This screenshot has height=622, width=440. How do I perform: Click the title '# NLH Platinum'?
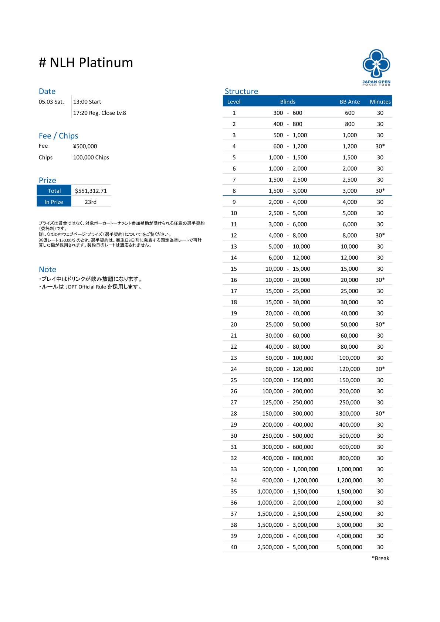pos(86,63)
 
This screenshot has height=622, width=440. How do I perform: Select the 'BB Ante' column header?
pos(349,102)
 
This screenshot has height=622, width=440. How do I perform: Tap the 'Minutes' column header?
pos(380,102)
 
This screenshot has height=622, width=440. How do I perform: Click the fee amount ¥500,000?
pos(85,146)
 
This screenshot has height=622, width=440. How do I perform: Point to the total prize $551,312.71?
pos(91,191)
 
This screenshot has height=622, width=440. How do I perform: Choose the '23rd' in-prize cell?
pos(91,202)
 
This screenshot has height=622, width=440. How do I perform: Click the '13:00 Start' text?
pos(87,102)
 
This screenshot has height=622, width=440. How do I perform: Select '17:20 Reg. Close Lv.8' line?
pos(99,113)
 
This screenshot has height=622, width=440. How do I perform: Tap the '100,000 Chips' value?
pos(91,157)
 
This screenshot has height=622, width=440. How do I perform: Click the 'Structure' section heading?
pos(241,91)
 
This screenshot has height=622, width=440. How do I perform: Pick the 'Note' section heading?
pos(47,269)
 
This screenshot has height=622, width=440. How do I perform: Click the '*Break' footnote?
pos(380,558)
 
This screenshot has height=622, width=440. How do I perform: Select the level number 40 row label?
pos(234,547)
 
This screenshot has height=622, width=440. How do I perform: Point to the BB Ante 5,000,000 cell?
pos(349,547)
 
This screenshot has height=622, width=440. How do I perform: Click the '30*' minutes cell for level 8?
pos(380,191)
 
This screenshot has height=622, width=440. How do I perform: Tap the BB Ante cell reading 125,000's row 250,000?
pos(349,402)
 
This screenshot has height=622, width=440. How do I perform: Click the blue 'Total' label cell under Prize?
pos(54,191)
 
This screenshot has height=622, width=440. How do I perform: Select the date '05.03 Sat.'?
pos(51,102)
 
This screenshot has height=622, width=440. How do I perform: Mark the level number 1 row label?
pos(234,113)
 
